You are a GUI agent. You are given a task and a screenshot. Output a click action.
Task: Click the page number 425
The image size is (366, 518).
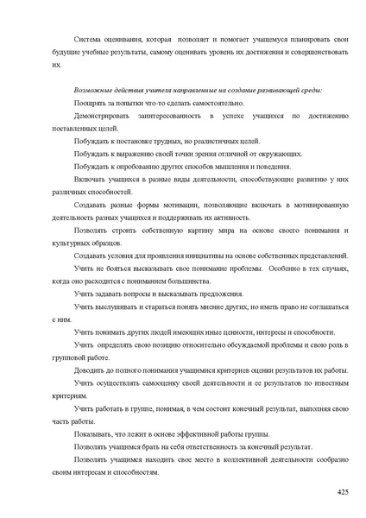[x=342, y=491]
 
